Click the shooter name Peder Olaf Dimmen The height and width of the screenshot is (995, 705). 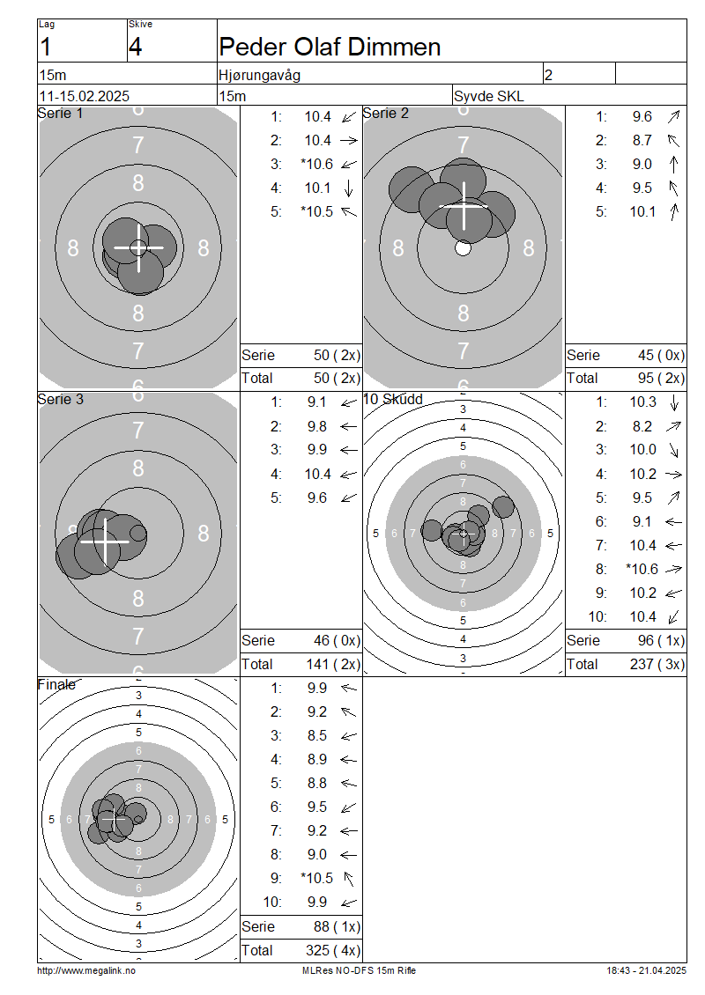click(x=330, y=47)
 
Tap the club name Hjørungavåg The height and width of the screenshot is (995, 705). click(x=260, y=75)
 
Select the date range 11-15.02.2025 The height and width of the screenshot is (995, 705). click(x=85, y=96)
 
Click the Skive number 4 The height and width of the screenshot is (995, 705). click(x=136, y=47)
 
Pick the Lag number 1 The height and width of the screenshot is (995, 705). click(x=45, y=47)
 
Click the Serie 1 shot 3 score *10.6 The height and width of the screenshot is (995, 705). click(x=317, y=165)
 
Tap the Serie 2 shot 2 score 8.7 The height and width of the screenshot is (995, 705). click(x=642, y=140)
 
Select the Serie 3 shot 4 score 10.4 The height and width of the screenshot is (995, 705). click(x=317, y=474)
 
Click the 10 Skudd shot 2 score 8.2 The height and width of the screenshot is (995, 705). click(x=642, y=426)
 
